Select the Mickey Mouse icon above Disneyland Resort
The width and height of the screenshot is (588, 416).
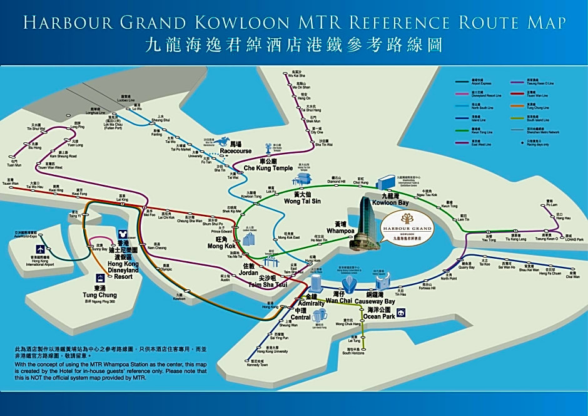coord(123,235)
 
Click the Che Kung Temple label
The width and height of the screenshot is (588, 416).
coord(268,168)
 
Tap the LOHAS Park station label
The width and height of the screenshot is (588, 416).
coord(574,239)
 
